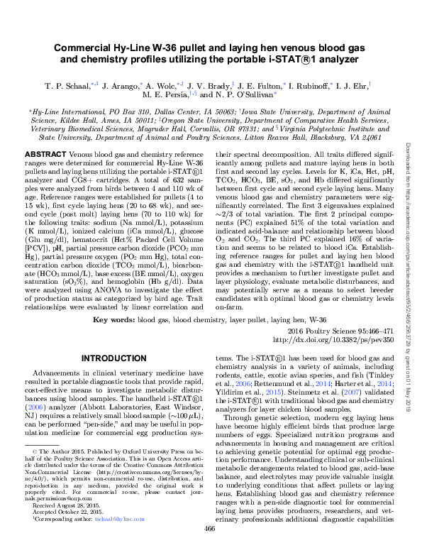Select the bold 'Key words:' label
click(114, 321)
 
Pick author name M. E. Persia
click(169, 114)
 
